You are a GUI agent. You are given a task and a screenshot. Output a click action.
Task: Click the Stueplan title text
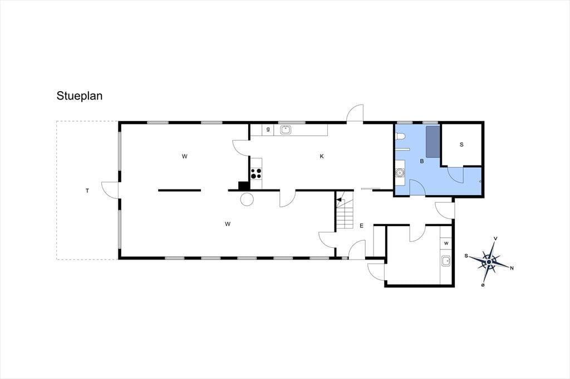click(x=79, y=96)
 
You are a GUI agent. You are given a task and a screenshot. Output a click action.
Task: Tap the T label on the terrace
click(x=87, y=191)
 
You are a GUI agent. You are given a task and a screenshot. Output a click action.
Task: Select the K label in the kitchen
click(x=322, y=157)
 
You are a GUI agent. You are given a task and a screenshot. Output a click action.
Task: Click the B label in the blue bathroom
click(x=422, y=161)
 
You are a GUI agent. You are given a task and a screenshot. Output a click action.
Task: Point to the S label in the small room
click(x=461, y=144)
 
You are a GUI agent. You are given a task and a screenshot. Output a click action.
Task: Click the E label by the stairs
click(x=361, y=226)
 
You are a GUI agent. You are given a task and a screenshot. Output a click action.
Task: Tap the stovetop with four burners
click(x=256, y=173)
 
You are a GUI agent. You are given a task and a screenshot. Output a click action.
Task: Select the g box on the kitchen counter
click(x=268, y=130)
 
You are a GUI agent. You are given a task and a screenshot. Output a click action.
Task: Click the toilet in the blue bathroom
click(x=400, y=137)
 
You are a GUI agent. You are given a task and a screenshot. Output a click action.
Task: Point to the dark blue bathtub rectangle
click(x=433, y=142)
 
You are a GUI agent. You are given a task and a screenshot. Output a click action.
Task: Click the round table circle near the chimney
click(x=247, y=199)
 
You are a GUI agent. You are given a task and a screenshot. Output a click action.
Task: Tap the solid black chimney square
click(x=244, y=186)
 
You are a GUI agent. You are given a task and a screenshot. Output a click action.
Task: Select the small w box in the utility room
click(x=446, y=243)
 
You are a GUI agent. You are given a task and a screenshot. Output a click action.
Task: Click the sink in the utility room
click(x=446, y=261)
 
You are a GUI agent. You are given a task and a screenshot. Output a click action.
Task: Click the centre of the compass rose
click(x=489, y=262)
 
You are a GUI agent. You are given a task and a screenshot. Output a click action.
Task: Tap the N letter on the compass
click(x=512, y=268)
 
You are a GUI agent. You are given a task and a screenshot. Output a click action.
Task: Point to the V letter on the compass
click(x=495, y=238)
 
